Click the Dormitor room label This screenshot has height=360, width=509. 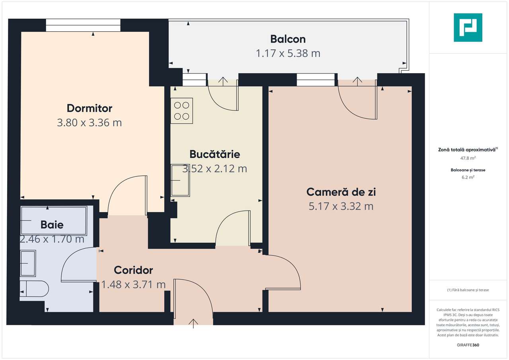pos(89,108)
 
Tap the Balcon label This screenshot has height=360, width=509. pos(288,39)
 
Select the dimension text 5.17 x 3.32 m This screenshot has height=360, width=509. pos(341,206)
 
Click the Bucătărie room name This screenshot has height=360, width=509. pos(215,154)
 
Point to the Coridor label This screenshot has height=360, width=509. pos(133,270)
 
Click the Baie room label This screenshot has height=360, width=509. pos(52,225)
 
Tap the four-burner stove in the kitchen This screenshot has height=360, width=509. pos(182,110)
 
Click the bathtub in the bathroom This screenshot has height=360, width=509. pos(53,221)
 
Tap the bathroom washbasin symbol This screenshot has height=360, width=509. pos(28,263)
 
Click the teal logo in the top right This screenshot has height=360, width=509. pos(468,27)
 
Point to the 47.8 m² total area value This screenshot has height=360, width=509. pos(468,158)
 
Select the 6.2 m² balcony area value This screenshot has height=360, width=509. pos(468,178)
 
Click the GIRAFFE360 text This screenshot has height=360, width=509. pos(468,345)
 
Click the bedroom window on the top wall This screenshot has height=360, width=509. pos(83,25)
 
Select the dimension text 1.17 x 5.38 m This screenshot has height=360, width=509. pos(288,53)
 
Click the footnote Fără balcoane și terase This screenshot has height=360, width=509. pos(468,290)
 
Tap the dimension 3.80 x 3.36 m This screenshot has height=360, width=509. pos(89,123)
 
